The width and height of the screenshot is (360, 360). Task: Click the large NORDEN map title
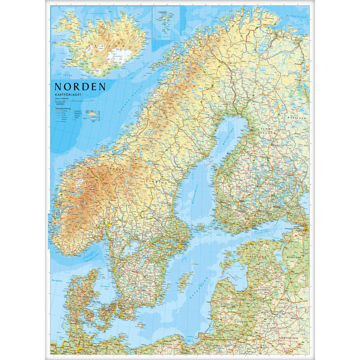(x=80, y=87)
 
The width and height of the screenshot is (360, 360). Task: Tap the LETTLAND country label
(x=260, y=289)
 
